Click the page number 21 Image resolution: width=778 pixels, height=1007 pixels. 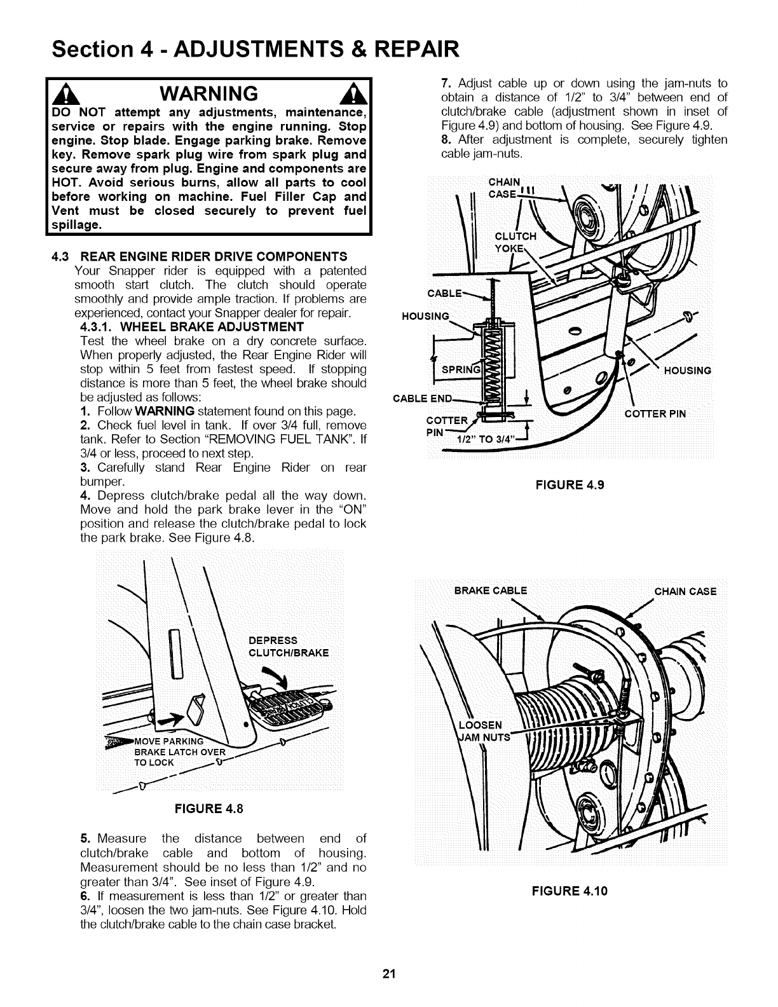(389, 975)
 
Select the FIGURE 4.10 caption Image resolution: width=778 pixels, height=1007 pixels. (570, 890)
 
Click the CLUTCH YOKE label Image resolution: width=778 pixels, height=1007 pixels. (515, 242)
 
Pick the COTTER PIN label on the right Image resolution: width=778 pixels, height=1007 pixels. (655, 414)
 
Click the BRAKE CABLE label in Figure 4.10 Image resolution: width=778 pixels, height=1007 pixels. (491, 591)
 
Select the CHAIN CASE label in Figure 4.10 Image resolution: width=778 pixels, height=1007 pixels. (685, 592)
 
